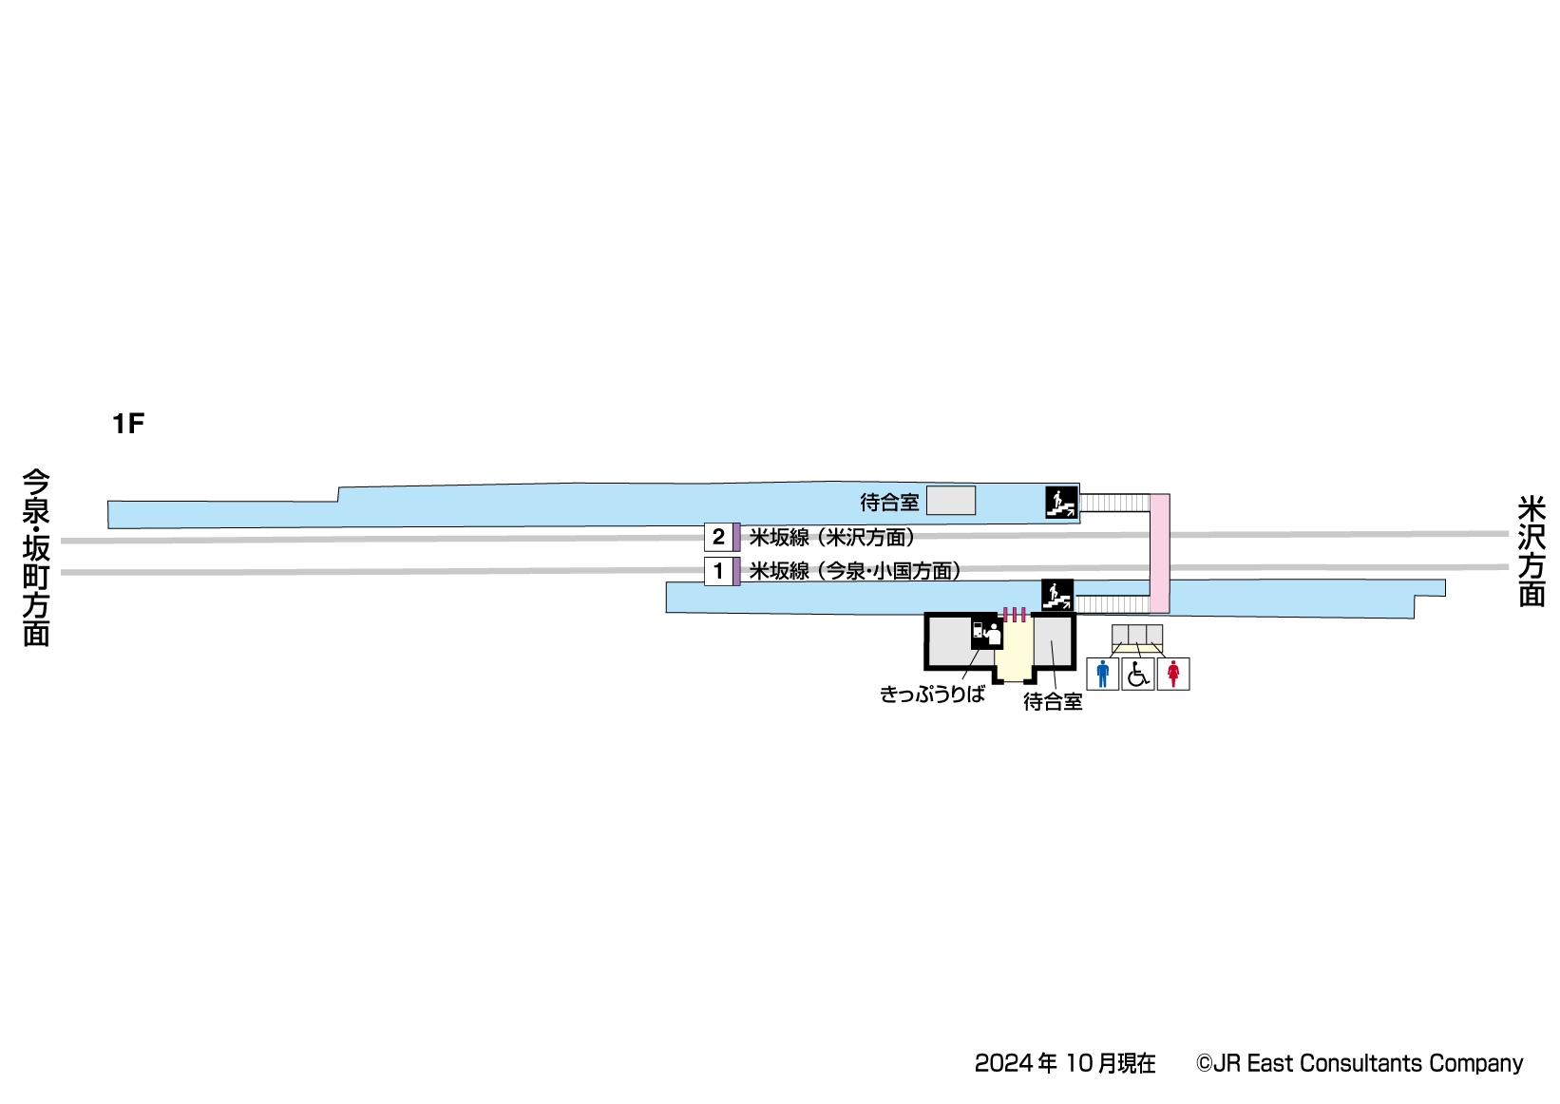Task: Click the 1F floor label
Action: pos(128,424)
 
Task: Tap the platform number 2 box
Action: pos(718,537)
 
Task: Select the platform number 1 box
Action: pos(718,571)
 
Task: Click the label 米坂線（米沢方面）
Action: pos(832,538)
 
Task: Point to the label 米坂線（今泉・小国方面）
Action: pos(855,571)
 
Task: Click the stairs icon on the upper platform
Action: pos(1061,502)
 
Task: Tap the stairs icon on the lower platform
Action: pos(1057,595)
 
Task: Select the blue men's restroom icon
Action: pos(1102,674)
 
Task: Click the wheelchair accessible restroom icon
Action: pos(1138,674)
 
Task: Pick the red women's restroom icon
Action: pos(1173,674)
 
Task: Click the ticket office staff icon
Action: pos(986,633)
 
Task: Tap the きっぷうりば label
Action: pos(932,695)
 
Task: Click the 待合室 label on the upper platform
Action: pos(889,502)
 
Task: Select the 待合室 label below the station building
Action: pos(1053,702)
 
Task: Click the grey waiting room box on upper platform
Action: pos(951,501)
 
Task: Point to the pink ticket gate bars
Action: pos(1015,614)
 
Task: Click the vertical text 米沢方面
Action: pos(1531,550)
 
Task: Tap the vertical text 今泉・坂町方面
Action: pos(36,558)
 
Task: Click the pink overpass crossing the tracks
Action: pos(1159,552)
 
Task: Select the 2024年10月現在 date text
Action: pos(1065,1063)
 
